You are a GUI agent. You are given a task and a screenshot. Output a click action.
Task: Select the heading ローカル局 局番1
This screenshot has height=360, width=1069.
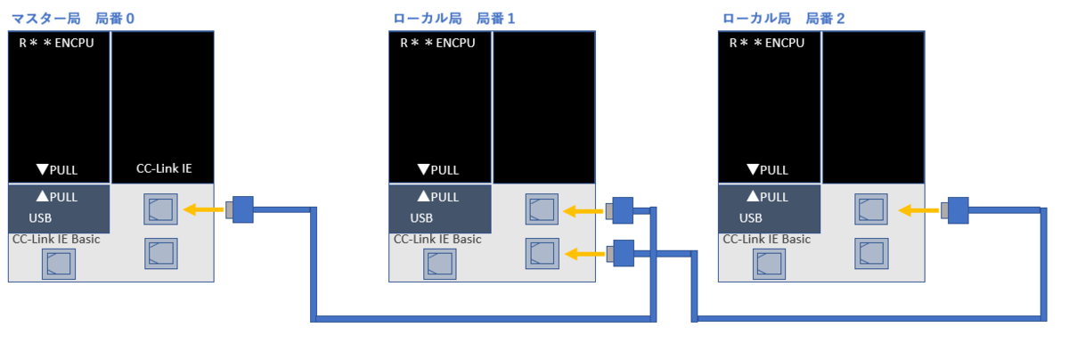[x=453, y=18]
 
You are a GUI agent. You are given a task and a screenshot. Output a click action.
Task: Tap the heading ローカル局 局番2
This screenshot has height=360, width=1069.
[x=783, y=18]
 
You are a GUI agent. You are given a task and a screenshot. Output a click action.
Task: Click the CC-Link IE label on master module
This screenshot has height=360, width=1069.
[x=163, y=168]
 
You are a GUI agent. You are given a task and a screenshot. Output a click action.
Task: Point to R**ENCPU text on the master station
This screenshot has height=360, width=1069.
[x=55, y=43]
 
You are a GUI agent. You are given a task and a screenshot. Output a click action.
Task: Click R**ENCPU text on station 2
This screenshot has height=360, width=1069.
[x=767, y=43]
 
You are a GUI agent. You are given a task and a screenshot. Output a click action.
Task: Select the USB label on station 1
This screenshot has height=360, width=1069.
[x=422, y=217]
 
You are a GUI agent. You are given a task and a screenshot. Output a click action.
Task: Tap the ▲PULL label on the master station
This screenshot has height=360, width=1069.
[x=57, y=197]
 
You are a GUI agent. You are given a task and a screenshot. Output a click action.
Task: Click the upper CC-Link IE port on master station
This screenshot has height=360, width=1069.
[x=160, y=210]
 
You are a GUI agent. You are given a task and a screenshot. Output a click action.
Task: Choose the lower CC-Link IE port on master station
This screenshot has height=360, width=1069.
[x=160, y=253]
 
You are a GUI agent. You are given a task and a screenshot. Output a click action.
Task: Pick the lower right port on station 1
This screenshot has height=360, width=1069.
[x=542, y=254]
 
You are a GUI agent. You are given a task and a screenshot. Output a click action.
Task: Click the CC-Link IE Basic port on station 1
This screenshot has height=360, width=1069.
[x=439, y=265]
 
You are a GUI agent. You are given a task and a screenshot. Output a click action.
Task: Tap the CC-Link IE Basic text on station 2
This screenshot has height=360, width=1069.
[x=766, y=239]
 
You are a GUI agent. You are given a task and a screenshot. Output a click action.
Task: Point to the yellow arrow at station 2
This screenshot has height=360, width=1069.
[x=918, y=210]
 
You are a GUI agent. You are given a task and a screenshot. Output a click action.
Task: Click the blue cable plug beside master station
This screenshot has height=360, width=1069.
[x=241, y=210]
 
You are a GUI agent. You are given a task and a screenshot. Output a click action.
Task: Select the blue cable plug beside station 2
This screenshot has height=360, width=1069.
[x=957, y=210]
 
